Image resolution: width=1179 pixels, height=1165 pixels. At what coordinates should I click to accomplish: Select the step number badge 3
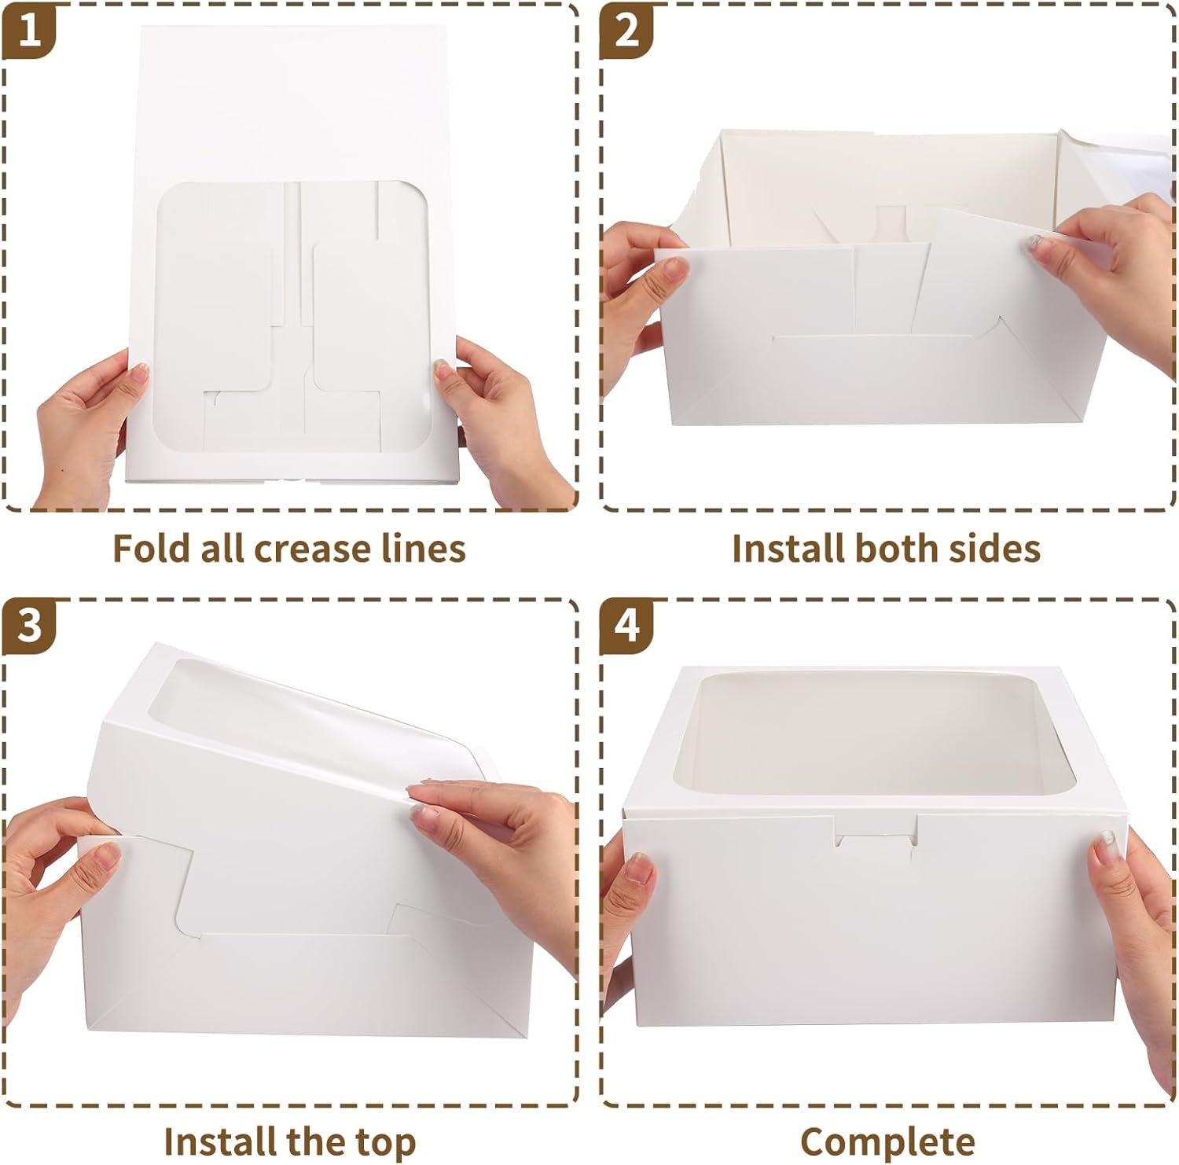(x=29, y=627)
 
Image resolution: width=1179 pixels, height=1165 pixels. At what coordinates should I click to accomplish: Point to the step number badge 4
(x=626, y=627)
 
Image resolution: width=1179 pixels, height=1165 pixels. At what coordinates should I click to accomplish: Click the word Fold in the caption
(x=149, y=548)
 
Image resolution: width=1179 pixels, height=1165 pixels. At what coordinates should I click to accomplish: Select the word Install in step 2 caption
(x=787, y=548)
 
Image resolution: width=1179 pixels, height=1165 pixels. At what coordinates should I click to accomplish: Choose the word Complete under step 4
(x=887, y=1140)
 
